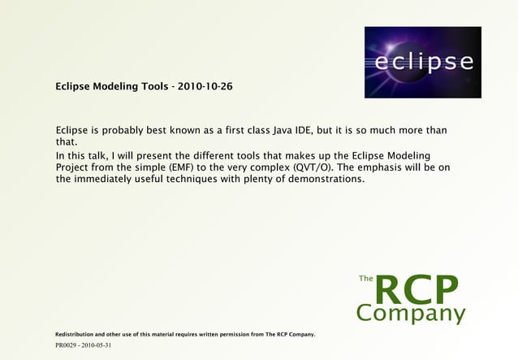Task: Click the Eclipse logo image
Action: pyautogui.click(x=422, y=62)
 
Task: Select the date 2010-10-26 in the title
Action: pyautogui.click(x=204, y=86)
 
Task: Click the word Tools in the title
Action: pyautogui.click(x=152, y=86)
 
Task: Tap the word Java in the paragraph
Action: pyautogui.click(x=283, y=130)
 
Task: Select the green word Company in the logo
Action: pyautogui.click(x=411, y=313)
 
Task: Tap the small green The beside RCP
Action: pyautogui.click(x=365, y=279)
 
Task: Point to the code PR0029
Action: pyautogui.click(x=67, y=345)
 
